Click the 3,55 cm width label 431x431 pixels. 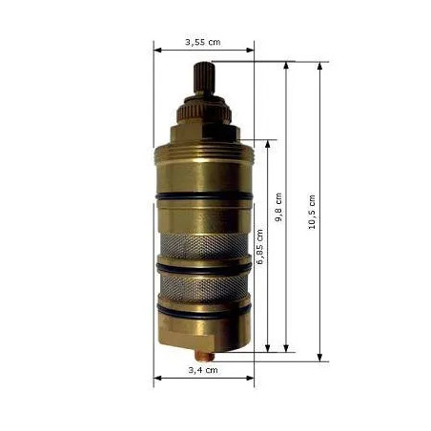tap(202, 42)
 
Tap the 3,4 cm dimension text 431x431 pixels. tap(202, 369)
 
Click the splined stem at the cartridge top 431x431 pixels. tap(203, 76)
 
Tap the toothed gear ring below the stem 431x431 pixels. tap(203, 107)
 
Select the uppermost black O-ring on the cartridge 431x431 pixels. tap(203, 197)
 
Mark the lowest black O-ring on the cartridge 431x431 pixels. tap(203, 312)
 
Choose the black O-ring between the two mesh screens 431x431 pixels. tap(203, 270)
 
